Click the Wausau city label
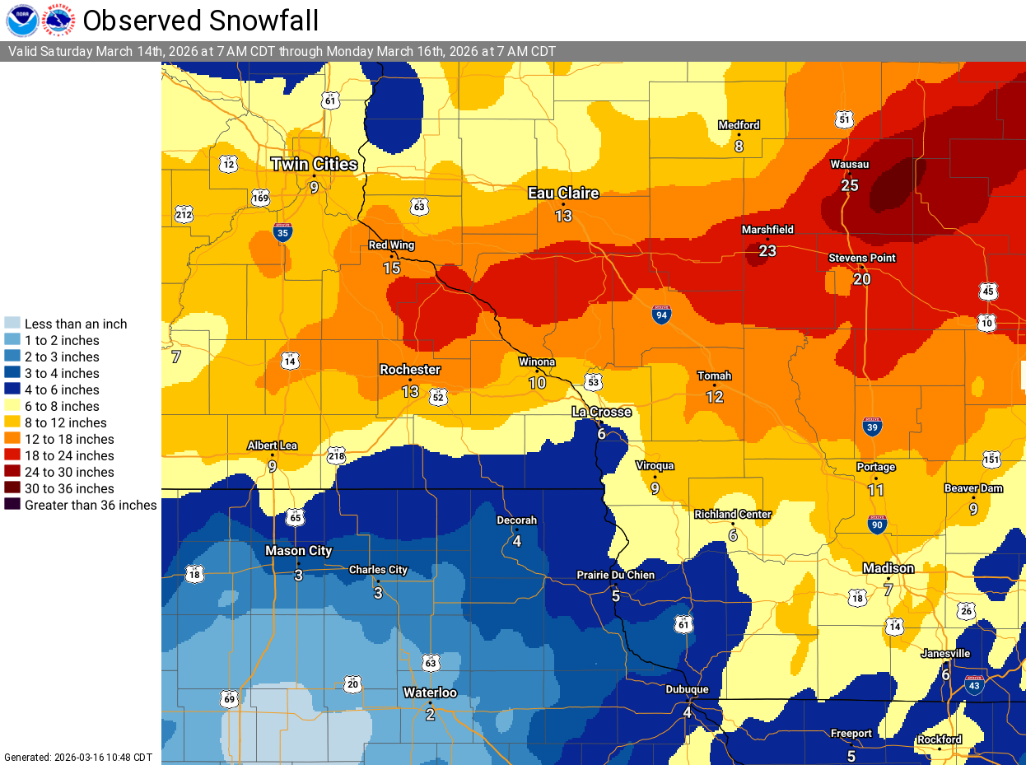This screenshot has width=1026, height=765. pos(849,165)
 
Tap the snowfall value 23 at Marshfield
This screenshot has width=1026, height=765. pos(767,251)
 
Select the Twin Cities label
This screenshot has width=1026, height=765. pos(315,165)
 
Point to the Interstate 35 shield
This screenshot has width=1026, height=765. pos(282,233)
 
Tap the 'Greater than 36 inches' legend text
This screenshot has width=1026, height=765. pos(91,505)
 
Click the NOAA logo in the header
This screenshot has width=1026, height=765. pos(21,21)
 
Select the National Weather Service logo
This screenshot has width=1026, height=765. pos(58,21)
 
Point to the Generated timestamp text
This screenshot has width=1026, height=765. pos(78,757)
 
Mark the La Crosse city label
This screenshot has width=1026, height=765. pos(602,412)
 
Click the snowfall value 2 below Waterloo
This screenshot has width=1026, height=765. pos(430,714)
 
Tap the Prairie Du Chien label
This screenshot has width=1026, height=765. pos(615,575)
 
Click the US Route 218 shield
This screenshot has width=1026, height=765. pos(336,456)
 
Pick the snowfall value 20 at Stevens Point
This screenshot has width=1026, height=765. pos(861,279)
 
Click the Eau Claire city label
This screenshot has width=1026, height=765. pos(563,194)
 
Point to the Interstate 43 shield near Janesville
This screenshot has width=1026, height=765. pos(974,685)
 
